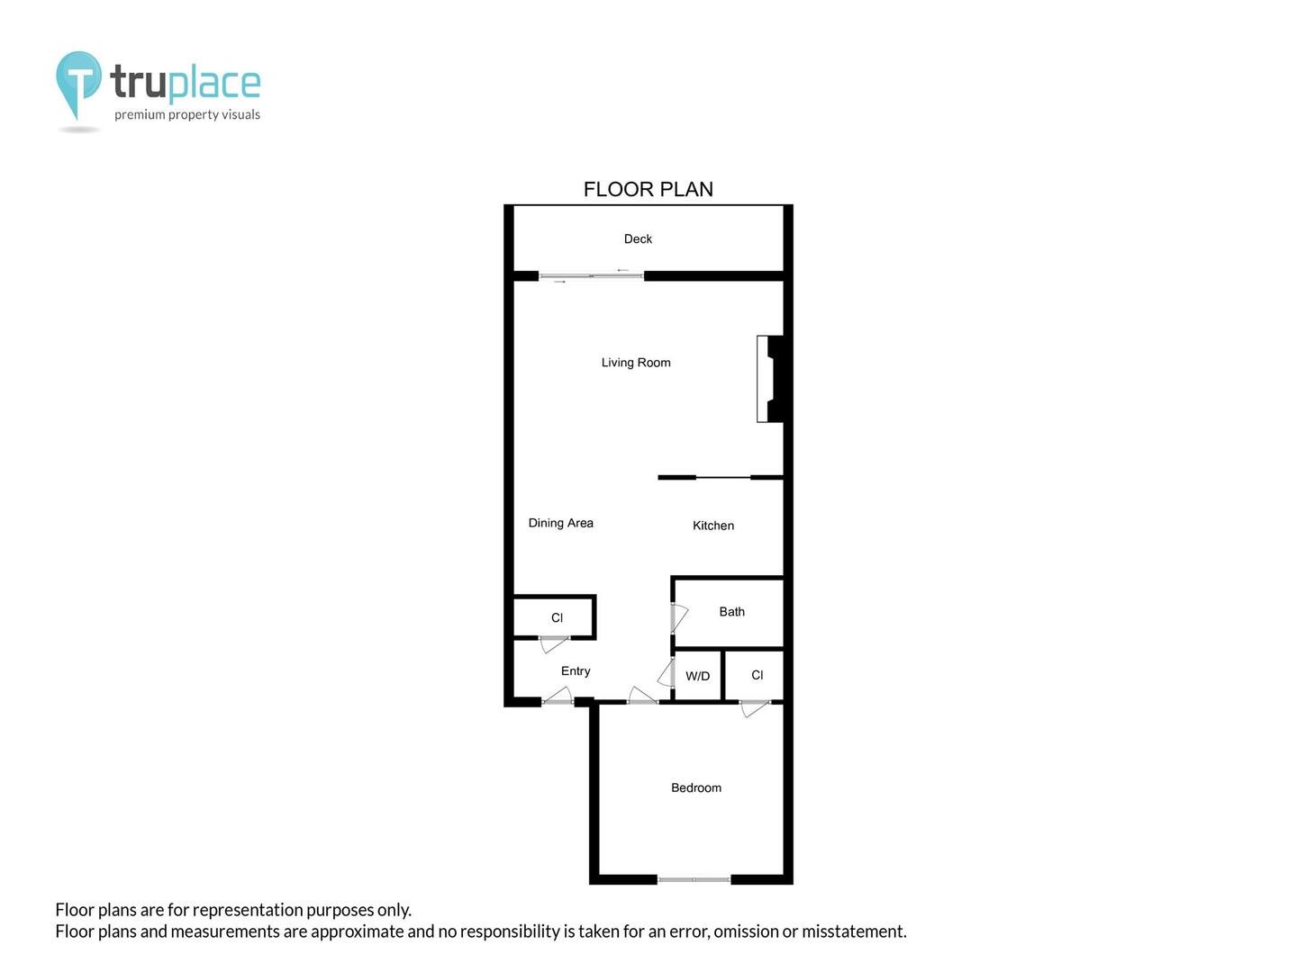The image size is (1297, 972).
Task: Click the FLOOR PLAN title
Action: (648, 189)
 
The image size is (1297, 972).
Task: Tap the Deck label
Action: (638, 239)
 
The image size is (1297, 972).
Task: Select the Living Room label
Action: (636, 363)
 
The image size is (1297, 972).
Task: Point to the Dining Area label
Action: (561, 523)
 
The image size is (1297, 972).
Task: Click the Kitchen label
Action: (713, 526)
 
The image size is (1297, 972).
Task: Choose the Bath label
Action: (731, 611)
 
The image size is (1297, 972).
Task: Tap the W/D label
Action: (697, 676)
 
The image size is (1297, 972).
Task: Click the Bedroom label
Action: (696, 787)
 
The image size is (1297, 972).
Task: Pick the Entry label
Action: (576, 671)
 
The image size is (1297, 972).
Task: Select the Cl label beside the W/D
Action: (757, 675)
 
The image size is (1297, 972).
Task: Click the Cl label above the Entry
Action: (557, 617)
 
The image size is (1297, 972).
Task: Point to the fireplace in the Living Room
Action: (770, 379)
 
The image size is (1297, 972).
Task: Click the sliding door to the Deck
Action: (591, 275)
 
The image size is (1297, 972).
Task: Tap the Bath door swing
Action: (679, 618)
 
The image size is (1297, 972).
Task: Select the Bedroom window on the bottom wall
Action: (694, 879)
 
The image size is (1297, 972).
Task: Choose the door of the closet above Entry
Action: (554, 643)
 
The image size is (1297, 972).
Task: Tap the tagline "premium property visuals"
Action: (187, 114)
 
